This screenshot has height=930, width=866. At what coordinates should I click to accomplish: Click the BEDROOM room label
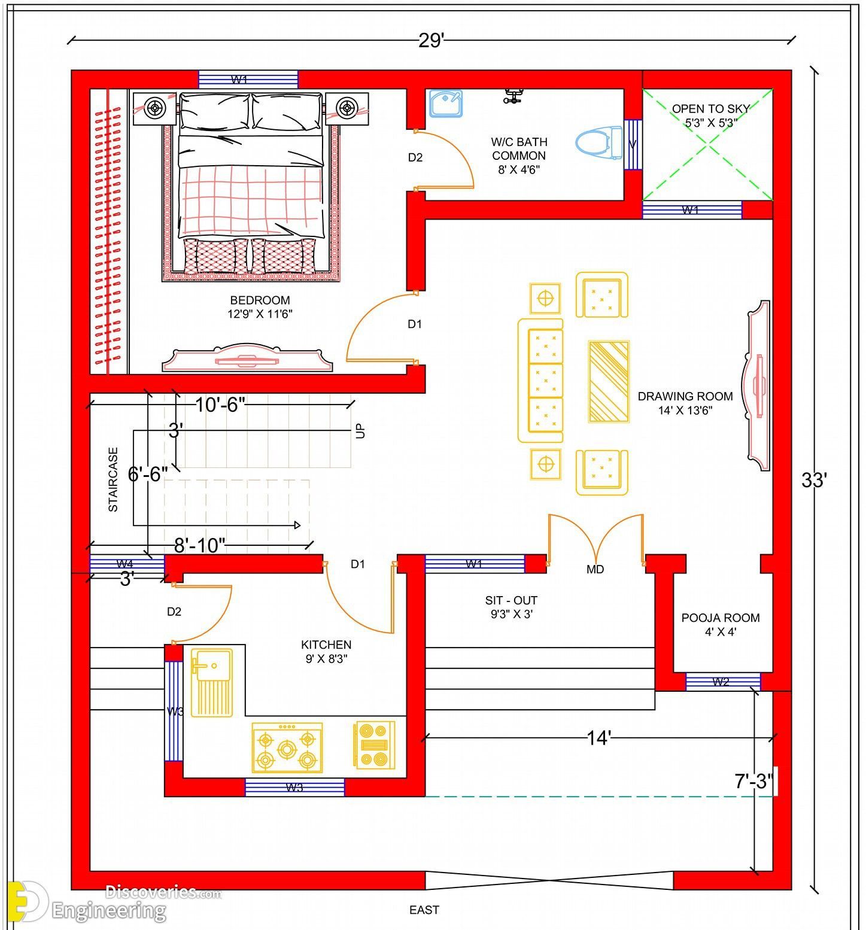pyautogui.click(x=260, y=300)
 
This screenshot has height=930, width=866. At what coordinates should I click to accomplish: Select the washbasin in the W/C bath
pyautogui.click(x=446, y=104)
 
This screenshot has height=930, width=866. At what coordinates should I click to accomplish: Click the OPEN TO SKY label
pyautogui.click(x=710, y=109)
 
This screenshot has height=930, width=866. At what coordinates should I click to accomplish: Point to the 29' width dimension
pyautogui.click(x=431, y=41)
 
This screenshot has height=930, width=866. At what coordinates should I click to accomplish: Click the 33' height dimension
pyautogui.click(x=814, y=480)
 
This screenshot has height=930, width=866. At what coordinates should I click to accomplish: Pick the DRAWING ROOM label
pyautogui.click(x=685, y=396)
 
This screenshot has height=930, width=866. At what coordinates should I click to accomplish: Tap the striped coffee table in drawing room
pyautogui.click(x=609, y=381)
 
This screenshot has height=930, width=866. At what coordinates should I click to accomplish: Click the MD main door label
pyautogui.click(x=595, y=569)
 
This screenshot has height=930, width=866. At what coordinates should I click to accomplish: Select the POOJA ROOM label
pyautogui.click(x=721, y=618)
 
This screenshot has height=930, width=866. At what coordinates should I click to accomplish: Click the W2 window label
pyautogui.click(x=721, y=681)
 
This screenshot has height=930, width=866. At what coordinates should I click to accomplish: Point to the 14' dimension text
pyautogui.click(x=598, y=738)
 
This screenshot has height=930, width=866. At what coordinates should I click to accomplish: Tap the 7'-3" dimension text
pyautogui.click(x=754, y=781)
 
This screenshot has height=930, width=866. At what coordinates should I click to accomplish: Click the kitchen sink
pyautogui.click(x=212, y=682)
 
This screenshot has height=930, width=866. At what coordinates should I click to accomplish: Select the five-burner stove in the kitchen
pyautogui.click(x=287, y=747)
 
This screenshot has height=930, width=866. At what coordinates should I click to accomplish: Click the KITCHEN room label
pyautogui.click(x=326, y=645)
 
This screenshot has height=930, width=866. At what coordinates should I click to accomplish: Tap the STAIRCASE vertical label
pyautogui.click(x=113, y=479)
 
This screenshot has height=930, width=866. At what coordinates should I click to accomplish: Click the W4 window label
pyautogui.click(x=124, y=563)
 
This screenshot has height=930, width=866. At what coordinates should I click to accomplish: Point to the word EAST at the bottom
pyautogui.click(x=424, y=910)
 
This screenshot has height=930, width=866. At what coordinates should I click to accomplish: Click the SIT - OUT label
pyautogui.click(x=511, y=600)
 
